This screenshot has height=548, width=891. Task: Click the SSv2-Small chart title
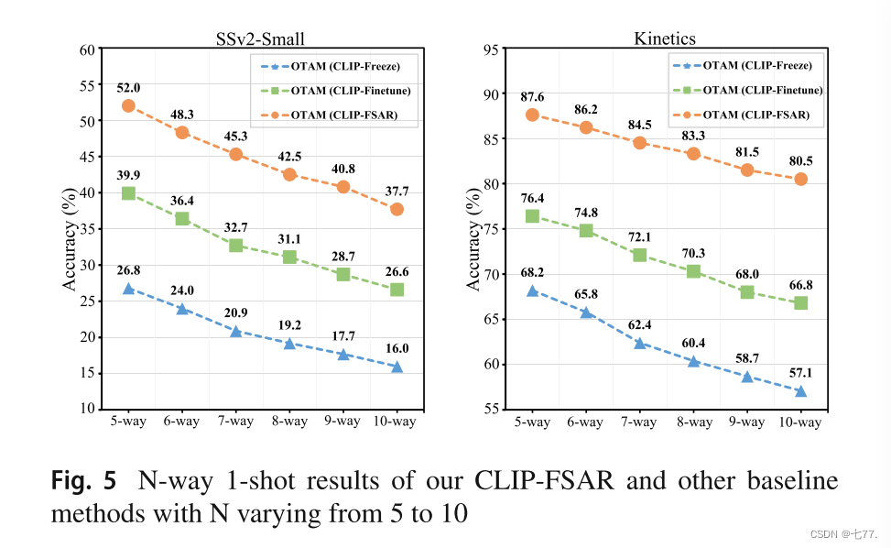tap(254, 38)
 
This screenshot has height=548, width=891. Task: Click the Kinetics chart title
tap(664, 38)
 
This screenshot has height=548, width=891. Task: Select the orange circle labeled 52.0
tap(128, 105)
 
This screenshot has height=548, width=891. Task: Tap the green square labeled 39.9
tap(128, 193)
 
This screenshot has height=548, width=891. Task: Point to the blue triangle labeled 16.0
tap(397, 367)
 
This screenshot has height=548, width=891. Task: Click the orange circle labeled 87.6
tap(532, 115)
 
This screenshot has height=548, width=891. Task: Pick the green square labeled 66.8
tap(800, 302)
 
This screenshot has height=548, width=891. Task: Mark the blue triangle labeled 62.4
tap(639, 344)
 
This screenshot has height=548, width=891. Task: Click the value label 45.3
tap(235, 136)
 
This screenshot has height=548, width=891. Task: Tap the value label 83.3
tap(693, 136)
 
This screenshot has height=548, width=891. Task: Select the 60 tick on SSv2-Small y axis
tap(88, 49)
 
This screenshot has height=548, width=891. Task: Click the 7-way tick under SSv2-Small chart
tap(235, 422)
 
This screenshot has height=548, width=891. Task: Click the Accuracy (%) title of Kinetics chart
tap(473, 243)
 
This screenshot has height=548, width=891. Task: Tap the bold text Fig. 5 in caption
tap(84, 480)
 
